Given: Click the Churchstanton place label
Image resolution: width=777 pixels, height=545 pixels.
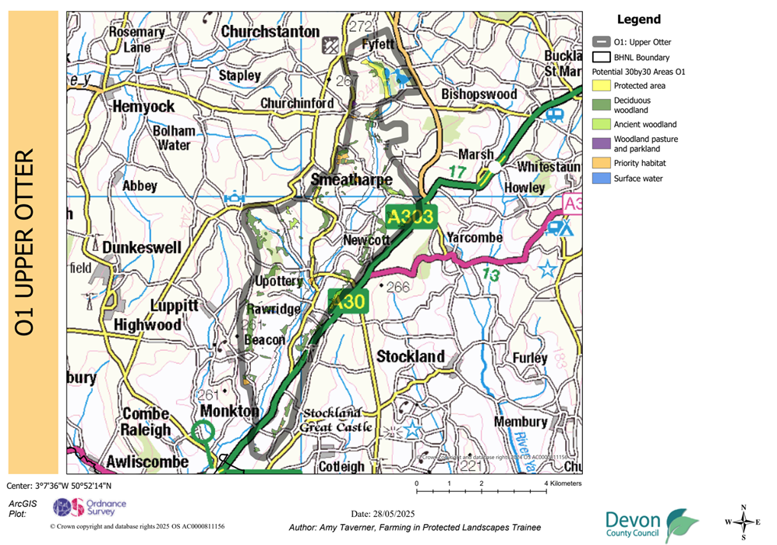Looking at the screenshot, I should [x=270, y=32].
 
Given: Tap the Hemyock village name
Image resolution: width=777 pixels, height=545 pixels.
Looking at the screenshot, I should [x=143, y=106].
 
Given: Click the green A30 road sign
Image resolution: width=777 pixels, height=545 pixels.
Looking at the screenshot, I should [x=347, y=302].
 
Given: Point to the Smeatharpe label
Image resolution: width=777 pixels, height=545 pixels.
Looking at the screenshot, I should [x=351, y=180].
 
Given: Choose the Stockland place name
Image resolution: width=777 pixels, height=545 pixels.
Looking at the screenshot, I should [x=410, y=356].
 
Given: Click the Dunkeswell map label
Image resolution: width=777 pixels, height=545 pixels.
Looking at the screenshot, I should [x=142, y=248].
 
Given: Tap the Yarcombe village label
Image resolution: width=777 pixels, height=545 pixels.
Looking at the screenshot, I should [x=476, y=238].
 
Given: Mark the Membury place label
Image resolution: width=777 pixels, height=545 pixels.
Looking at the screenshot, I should [x=521, y=422].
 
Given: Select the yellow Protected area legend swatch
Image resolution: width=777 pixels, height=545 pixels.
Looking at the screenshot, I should [x=601, y=86].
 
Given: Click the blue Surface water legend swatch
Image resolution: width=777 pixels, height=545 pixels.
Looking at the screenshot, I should [x=601, y=179].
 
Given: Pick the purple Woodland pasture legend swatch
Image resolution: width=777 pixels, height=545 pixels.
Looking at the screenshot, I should [x=601, y=143].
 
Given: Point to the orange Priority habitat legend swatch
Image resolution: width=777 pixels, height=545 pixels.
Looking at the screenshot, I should [x=601, y=163].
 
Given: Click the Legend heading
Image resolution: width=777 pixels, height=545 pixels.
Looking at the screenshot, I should [x=638, y=20].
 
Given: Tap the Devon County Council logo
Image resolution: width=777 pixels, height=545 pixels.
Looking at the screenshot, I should [x=652, y=526].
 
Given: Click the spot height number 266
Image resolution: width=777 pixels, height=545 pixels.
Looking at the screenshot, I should [x=398, y=287].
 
